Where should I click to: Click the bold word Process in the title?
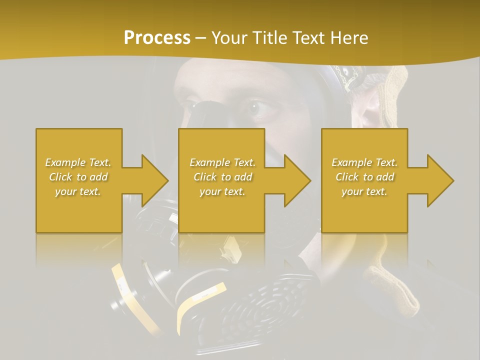coord(157,38)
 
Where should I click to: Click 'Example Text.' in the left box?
coord(78,162)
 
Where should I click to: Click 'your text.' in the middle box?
coord(222,191)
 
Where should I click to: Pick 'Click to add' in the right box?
coord(365,177)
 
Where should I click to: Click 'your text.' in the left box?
coord(78,191)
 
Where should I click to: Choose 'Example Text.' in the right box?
coord(364,162)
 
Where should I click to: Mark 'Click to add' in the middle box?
coord(222,177)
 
